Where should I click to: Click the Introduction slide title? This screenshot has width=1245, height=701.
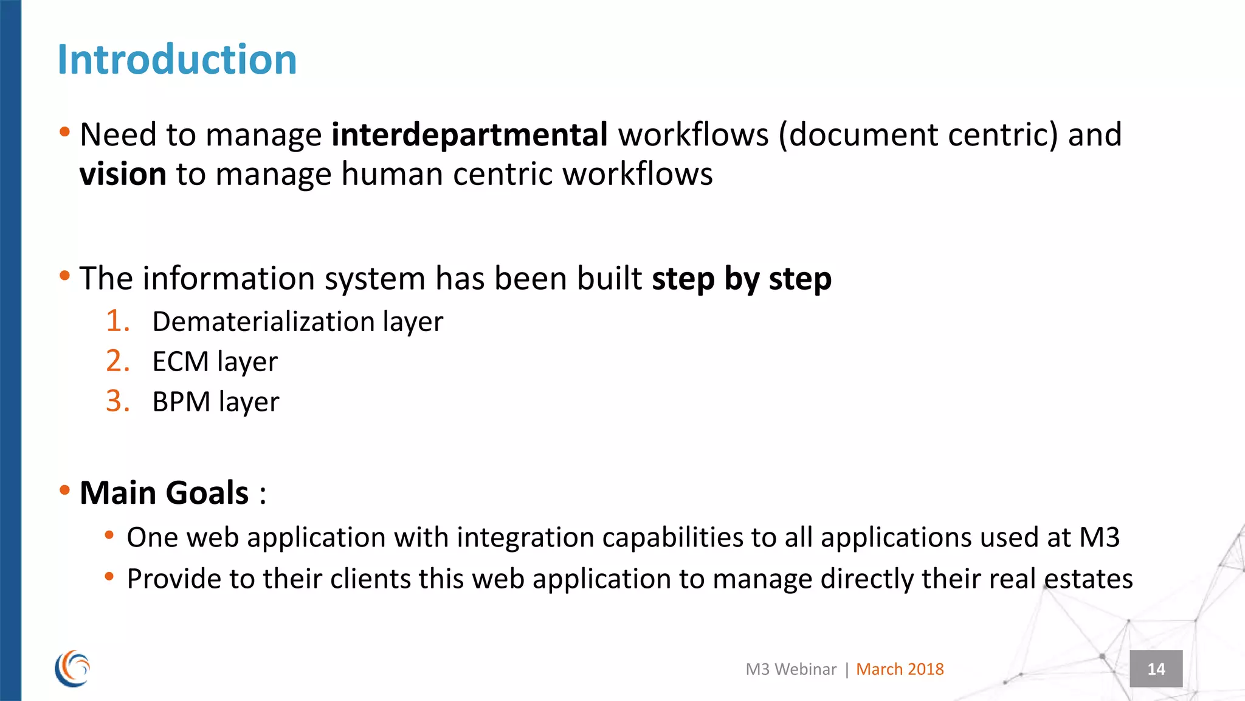pyautogui.click(x=177, y=60)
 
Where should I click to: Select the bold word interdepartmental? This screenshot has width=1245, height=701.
pyautogui.click(x=469, y=134)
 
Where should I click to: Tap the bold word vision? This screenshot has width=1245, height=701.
pyautogui.click(x=123, y=174)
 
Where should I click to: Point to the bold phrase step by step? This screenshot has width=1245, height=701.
pyautogui.click(x=741, y=279)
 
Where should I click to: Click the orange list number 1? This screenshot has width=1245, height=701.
pyautogui.click(x=117, y=321)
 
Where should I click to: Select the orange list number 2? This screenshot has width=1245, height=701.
pyautogui.click(x=117, y=361)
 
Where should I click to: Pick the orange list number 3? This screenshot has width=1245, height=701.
pyautogui.click(x=117, y=401)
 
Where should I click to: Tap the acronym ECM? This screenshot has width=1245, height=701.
pyautogui.click(x=180, y=361)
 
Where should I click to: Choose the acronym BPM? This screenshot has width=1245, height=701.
pyautogui.click(x=181, y=402)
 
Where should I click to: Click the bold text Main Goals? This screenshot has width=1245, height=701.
pyautogui.click(x=164, y=492)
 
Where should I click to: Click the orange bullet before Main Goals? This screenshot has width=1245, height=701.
pyautogui.click(x=65, y=490)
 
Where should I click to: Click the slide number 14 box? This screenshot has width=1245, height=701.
pyautogui.click(x=1156, y=669)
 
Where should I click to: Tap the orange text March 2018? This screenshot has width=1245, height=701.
pyautogui.click(x=900, y=669)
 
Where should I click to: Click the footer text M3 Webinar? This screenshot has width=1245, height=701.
pyautogui.click(x=791, y=669)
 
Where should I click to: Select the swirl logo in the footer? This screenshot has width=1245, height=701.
pyautogui.click(x=72, y=668)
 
